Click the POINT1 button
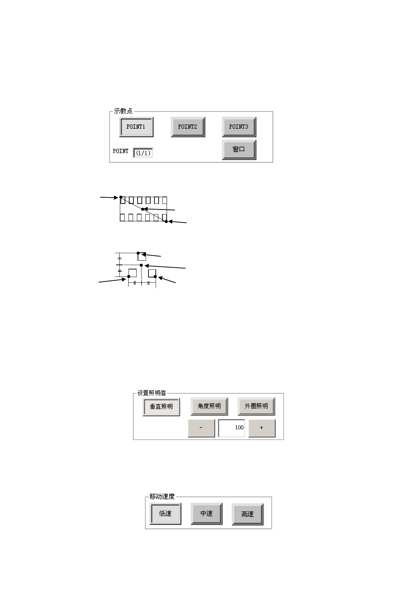pyautogui.click(x=136, y=127)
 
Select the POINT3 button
pyautogui.click(x=239, y=127)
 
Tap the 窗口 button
pyautogui.click(x=239, y=150)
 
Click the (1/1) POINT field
pyautogui.click(x=143, y=153)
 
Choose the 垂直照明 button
pyautogui.click(x=161, y=407)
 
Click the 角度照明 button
pyautogui.click(x=209, y=406)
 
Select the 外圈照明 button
pyautogui.click(x=256, y=406)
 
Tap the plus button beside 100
pyautogui.click(x=262, y=428)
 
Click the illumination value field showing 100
pyautogui.click(x=231, y=428)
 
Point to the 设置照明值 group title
pyautogui.click(x=151, y=393)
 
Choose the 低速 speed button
pyautogui.click(x=165, y=514)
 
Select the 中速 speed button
pyautogui.click(x=206, y=514)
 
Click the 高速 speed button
pyautogui.click(x=247, y=514)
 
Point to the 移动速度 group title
pyautogui.click(x=162, y=496)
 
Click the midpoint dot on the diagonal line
pyautogui.click(x=143, y=209)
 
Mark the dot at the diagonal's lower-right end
pyautogui.click(x=166, y=221)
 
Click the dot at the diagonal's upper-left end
pyautogui.click(x=121, y=197)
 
